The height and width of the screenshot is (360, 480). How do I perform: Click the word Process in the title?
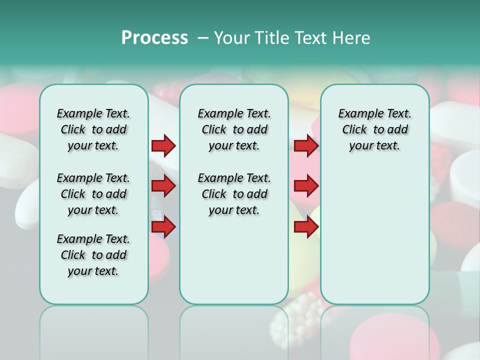pos(154,37)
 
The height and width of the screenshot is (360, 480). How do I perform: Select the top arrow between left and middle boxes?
pos(163,146)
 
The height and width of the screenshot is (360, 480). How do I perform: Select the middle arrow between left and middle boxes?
pos(163,186)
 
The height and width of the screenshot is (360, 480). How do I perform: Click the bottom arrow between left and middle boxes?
pos(163,227)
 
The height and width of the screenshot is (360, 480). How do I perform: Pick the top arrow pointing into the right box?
pos(306,146)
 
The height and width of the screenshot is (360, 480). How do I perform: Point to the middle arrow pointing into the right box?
pos(306,186)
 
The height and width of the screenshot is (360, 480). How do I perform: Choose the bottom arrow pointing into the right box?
pos(306,227)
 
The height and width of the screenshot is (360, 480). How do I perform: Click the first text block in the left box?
pos(93,129)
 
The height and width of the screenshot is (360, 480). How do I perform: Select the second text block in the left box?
pos(93,194)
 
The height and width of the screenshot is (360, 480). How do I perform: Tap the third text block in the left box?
pos(93,255)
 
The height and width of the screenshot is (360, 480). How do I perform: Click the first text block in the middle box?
pos(234,129)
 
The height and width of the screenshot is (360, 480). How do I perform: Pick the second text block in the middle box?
pos(234,194)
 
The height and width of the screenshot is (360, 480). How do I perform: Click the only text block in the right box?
pos(374,129)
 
